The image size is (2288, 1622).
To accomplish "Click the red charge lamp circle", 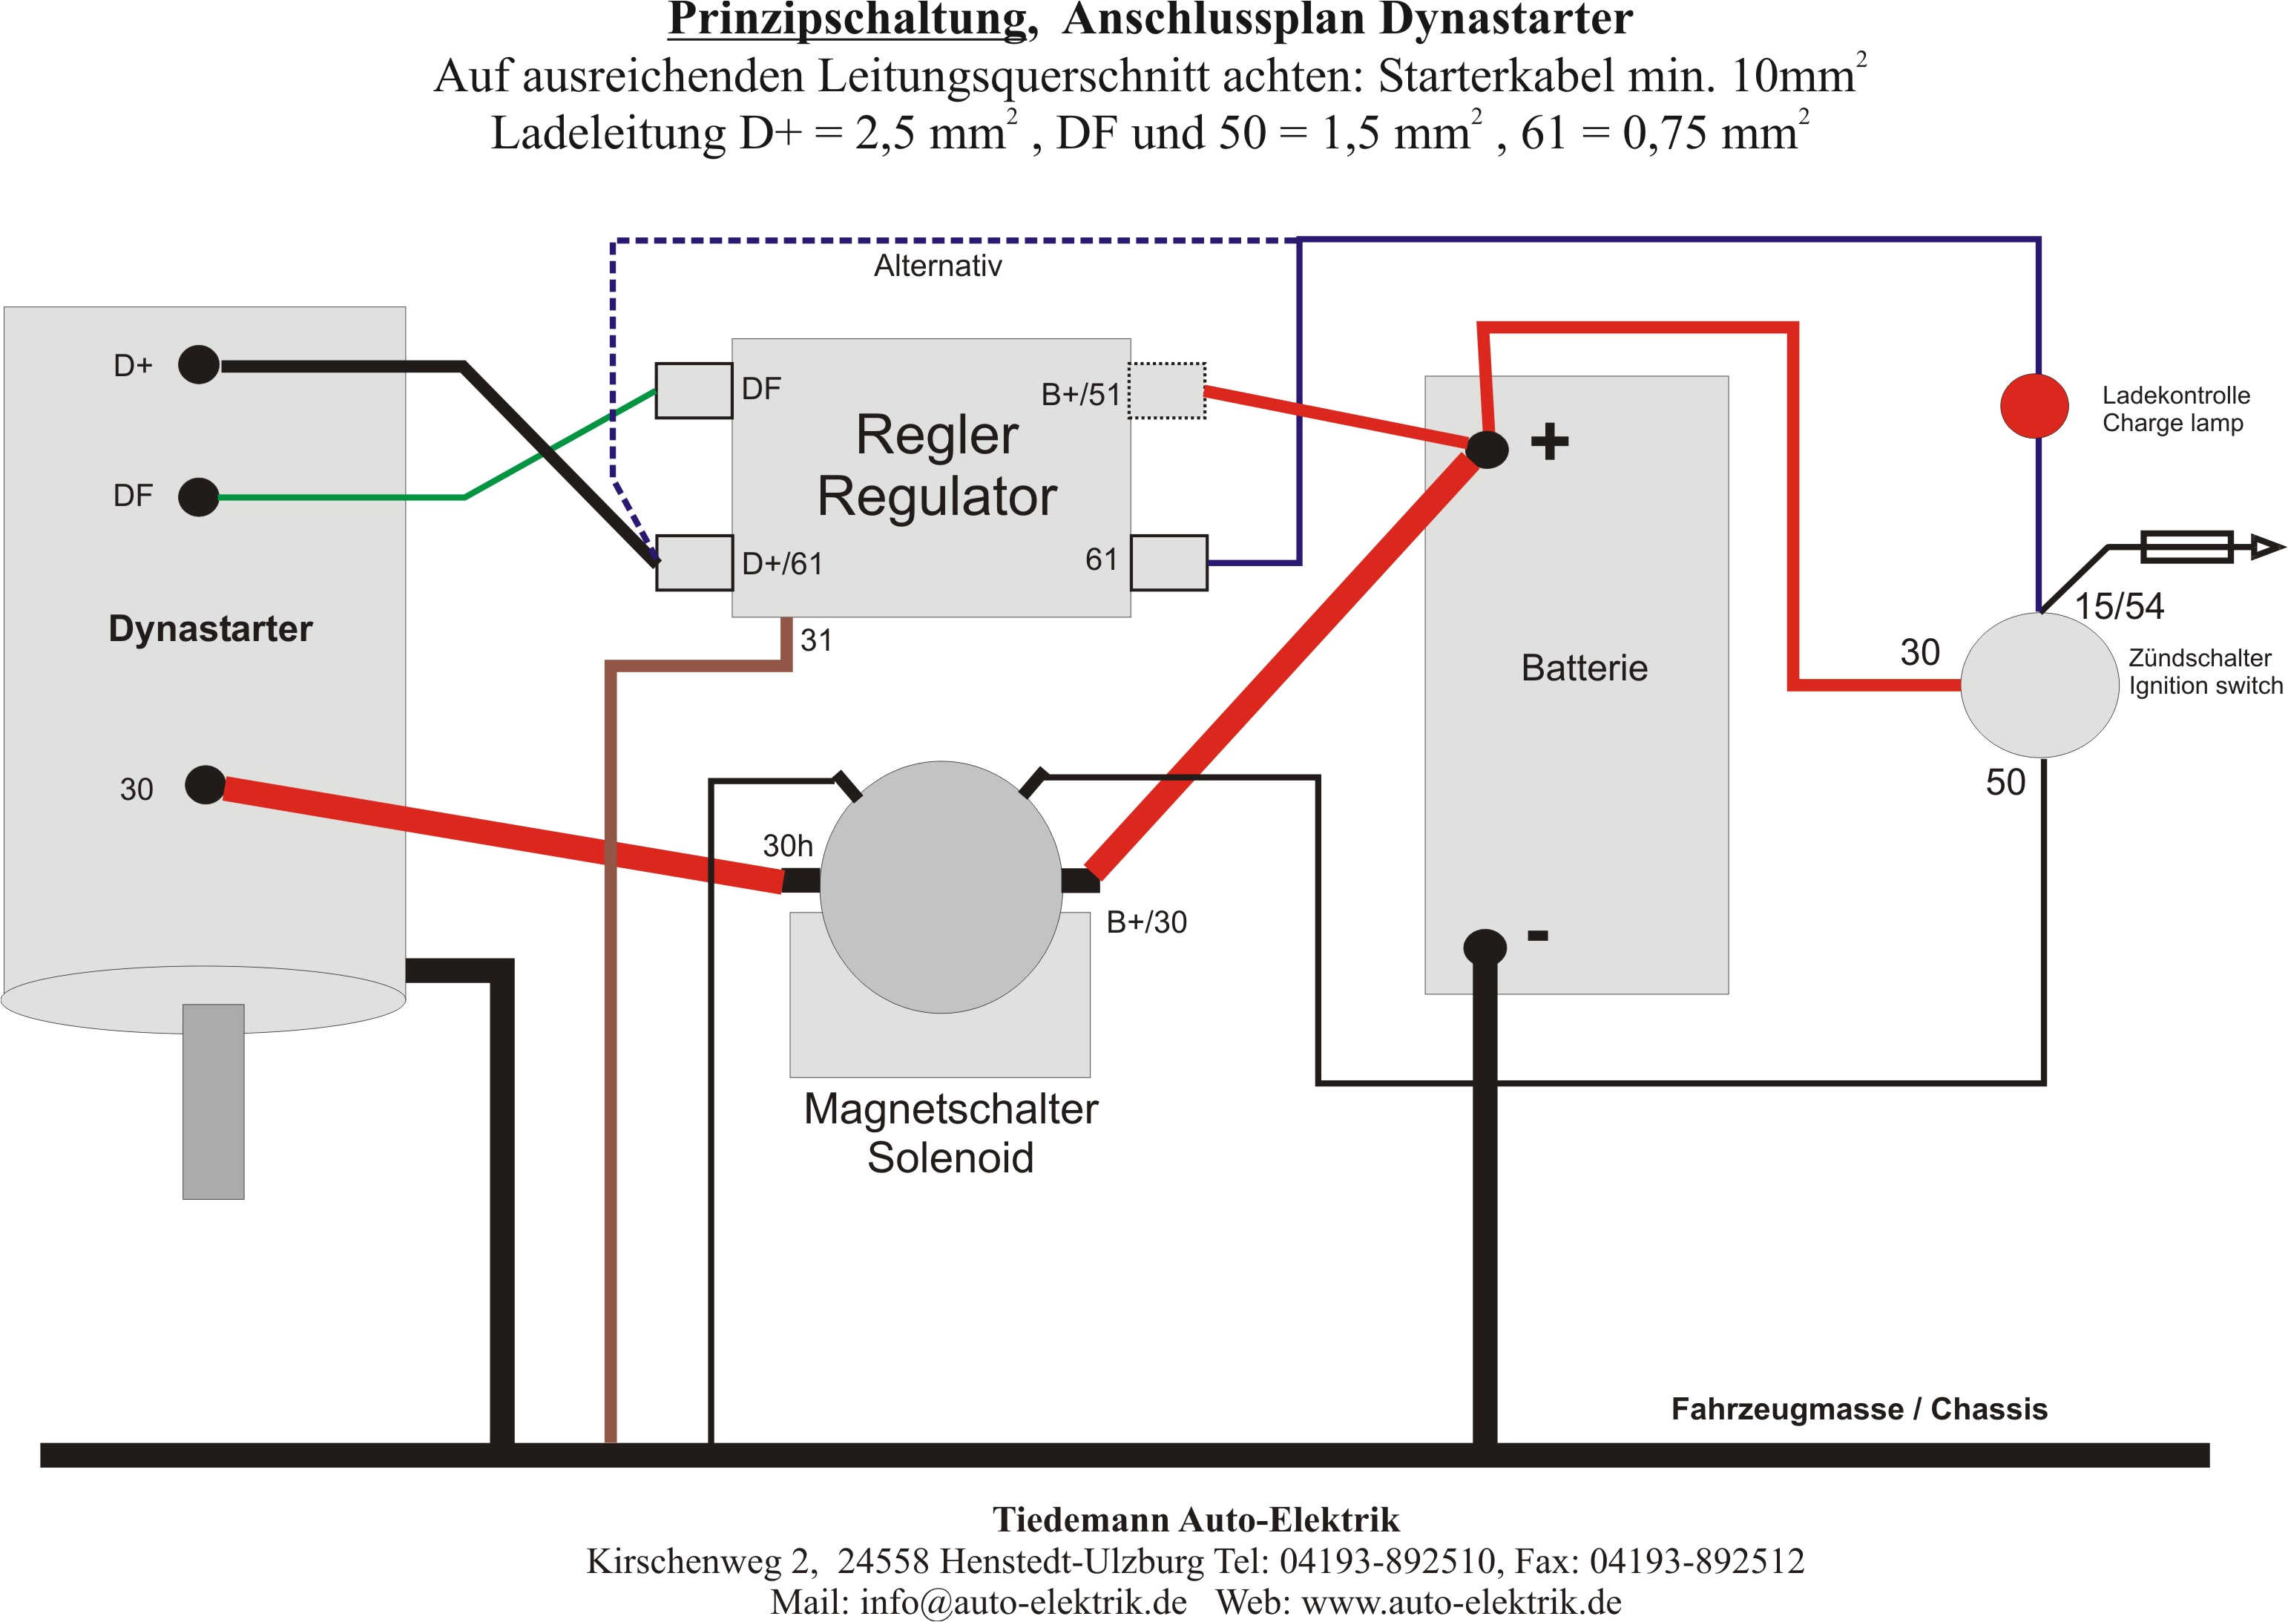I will click(2034, 405).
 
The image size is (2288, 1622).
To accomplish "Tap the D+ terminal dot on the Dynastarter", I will click(199, 364).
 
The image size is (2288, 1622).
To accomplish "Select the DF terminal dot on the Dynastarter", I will click(199, 496).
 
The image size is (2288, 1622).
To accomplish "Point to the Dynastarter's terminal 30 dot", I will click(206, 785).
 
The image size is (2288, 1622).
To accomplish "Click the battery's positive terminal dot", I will click(1487, 448).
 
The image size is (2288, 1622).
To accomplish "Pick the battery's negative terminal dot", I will click(1484, 946).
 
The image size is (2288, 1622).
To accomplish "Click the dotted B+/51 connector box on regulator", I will click(1166, 390).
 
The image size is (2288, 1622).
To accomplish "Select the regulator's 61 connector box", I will click(1168, 562).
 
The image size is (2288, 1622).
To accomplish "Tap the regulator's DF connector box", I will click(693, 390).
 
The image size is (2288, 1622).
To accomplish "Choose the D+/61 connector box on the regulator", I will click(694, 562).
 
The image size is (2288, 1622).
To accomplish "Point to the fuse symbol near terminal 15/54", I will click(2187, 548).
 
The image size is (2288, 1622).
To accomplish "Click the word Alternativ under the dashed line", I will click(937, 266).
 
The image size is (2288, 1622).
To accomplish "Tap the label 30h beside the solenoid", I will click(787, 846).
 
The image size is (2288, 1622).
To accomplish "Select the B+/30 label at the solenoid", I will click(1146, 922).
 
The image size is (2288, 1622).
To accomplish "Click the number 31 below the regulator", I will click(816, 640).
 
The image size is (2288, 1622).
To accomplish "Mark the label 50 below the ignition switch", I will click(2005, 782).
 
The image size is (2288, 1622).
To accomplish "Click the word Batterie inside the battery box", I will click(1584, 667).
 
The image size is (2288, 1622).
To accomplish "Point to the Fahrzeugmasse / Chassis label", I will click(1858, 1408).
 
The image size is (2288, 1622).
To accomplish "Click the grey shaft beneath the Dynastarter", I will click(213, 1102).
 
